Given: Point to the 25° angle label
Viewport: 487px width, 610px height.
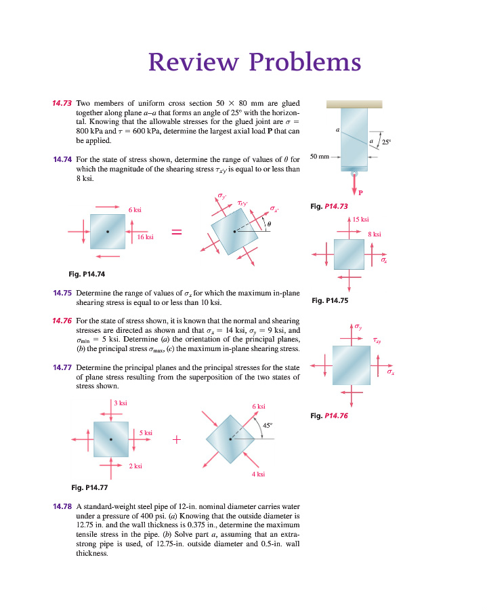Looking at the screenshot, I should click(387, 143).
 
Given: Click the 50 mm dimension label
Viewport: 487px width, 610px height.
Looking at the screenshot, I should click(319, 157).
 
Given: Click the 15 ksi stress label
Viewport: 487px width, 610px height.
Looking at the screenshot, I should click(360, 220).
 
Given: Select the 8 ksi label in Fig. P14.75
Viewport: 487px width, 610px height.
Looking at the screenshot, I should click(375, 235).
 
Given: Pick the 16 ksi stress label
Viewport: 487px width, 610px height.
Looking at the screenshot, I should click(145, 237).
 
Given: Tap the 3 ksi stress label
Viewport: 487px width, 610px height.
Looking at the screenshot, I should click(121, 403).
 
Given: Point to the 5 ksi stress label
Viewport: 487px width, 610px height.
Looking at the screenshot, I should click(146, 432).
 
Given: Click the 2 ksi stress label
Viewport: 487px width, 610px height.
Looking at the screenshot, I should click(135, 466).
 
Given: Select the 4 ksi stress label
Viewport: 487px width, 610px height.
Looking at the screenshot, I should click(257, 474).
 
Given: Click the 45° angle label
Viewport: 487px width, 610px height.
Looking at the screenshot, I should click(267, 425).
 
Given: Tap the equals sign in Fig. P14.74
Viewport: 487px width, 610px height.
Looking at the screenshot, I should click(176, 233).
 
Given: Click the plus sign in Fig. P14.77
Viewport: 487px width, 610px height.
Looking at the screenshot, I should click(177, 439).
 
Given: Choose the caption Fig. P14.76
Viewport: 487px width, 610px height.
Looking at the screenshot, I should click(329, 415).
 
